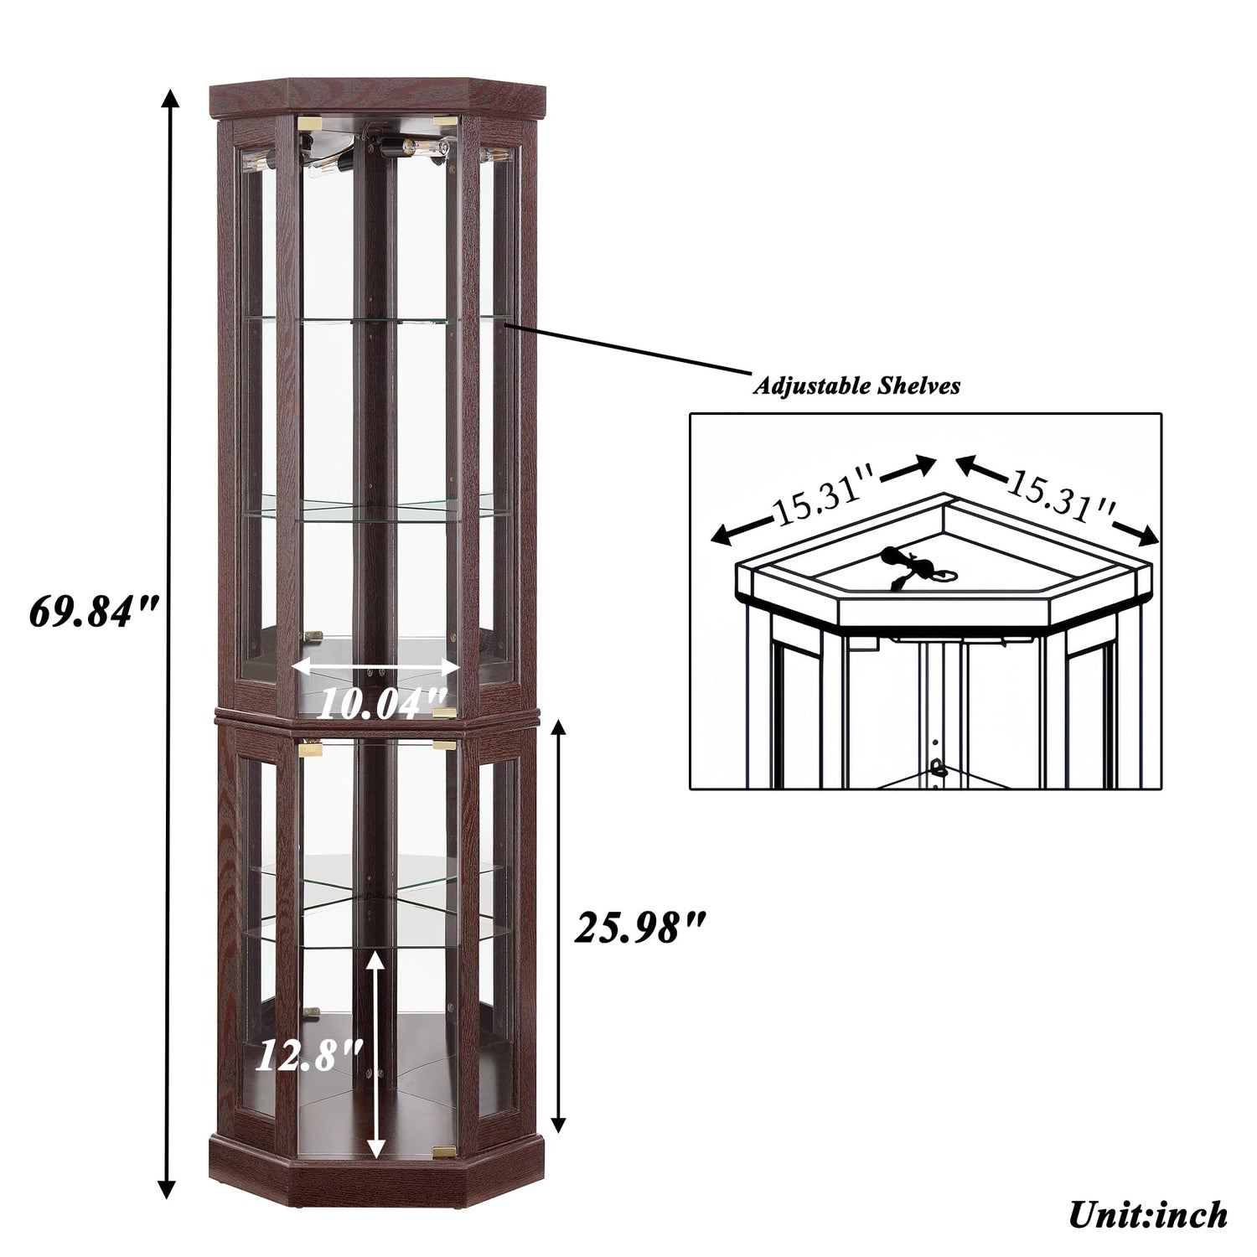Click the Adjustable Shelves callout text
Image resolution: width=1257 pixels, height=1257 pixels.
click(x=856, y=386)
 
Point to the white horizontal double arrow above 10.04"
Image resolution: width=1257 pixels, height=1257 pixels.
click(x=376, y=668)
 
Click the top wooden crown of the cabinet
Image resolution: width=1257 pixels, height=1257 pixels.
click(x=375, y=99)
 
